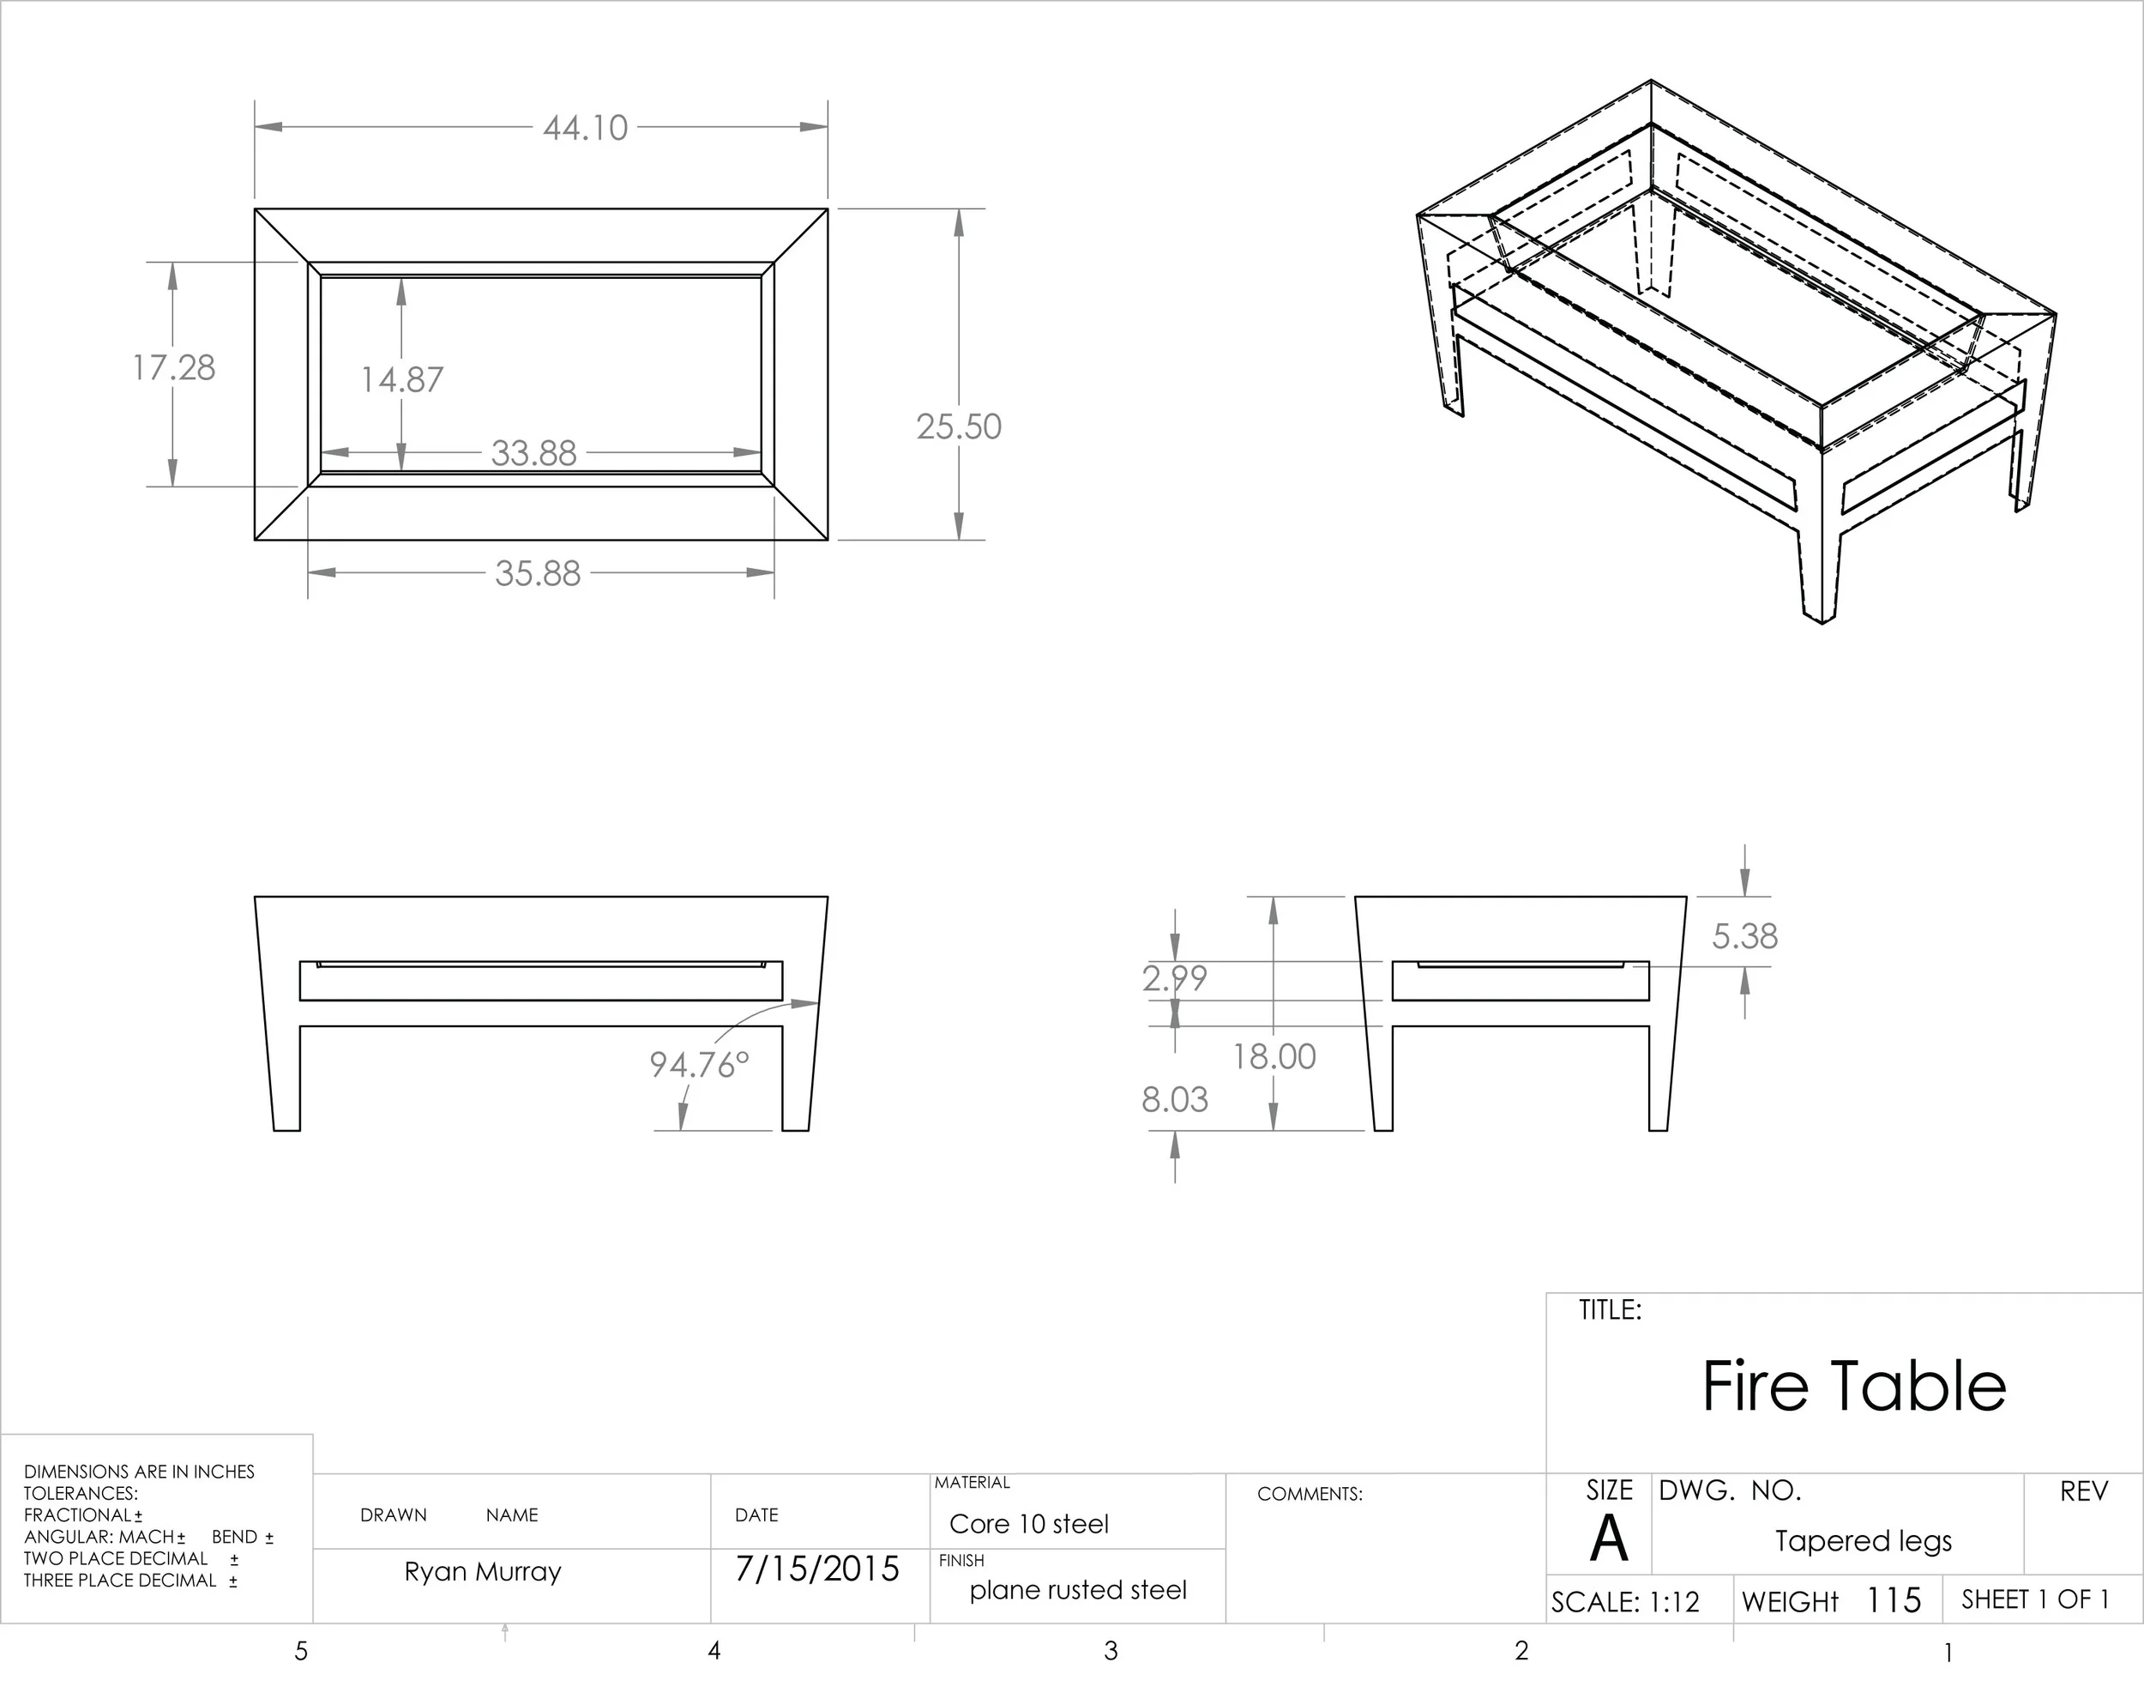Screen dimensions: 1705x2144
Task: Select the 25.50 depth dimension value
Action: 959,426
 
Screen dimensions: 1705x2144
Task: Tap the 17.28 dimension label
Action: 174,368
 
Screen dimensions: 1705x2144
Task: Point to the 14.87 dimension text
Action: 401,380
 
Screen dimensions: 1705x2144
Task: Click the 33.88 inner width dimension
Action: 534,454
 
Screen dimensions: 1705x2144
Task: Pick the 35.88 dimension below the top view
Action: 538,574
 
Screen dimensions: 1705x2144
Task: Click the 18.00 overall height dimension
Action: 1274,1056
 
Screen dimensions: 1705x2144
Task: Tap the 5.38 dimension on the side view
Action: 1744,936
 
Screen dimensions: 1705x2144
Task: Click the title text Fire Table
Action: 1853,1387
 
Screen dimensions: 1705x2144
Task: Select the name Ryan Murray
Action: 484,1572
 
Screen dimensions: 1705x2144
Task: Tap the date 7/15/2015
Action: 817,1569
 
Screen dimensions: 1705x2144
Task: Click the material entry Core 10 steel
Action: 1028,1524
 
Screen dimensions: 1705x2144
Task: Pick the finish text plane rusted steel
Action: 1078,1591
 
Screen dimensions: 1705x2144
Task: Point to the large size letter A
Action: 1608,1539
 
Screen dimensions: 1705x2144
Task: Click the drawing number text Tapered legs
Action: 1864,1541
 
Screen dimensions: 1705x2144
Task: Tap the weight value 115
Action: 1894,1600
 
